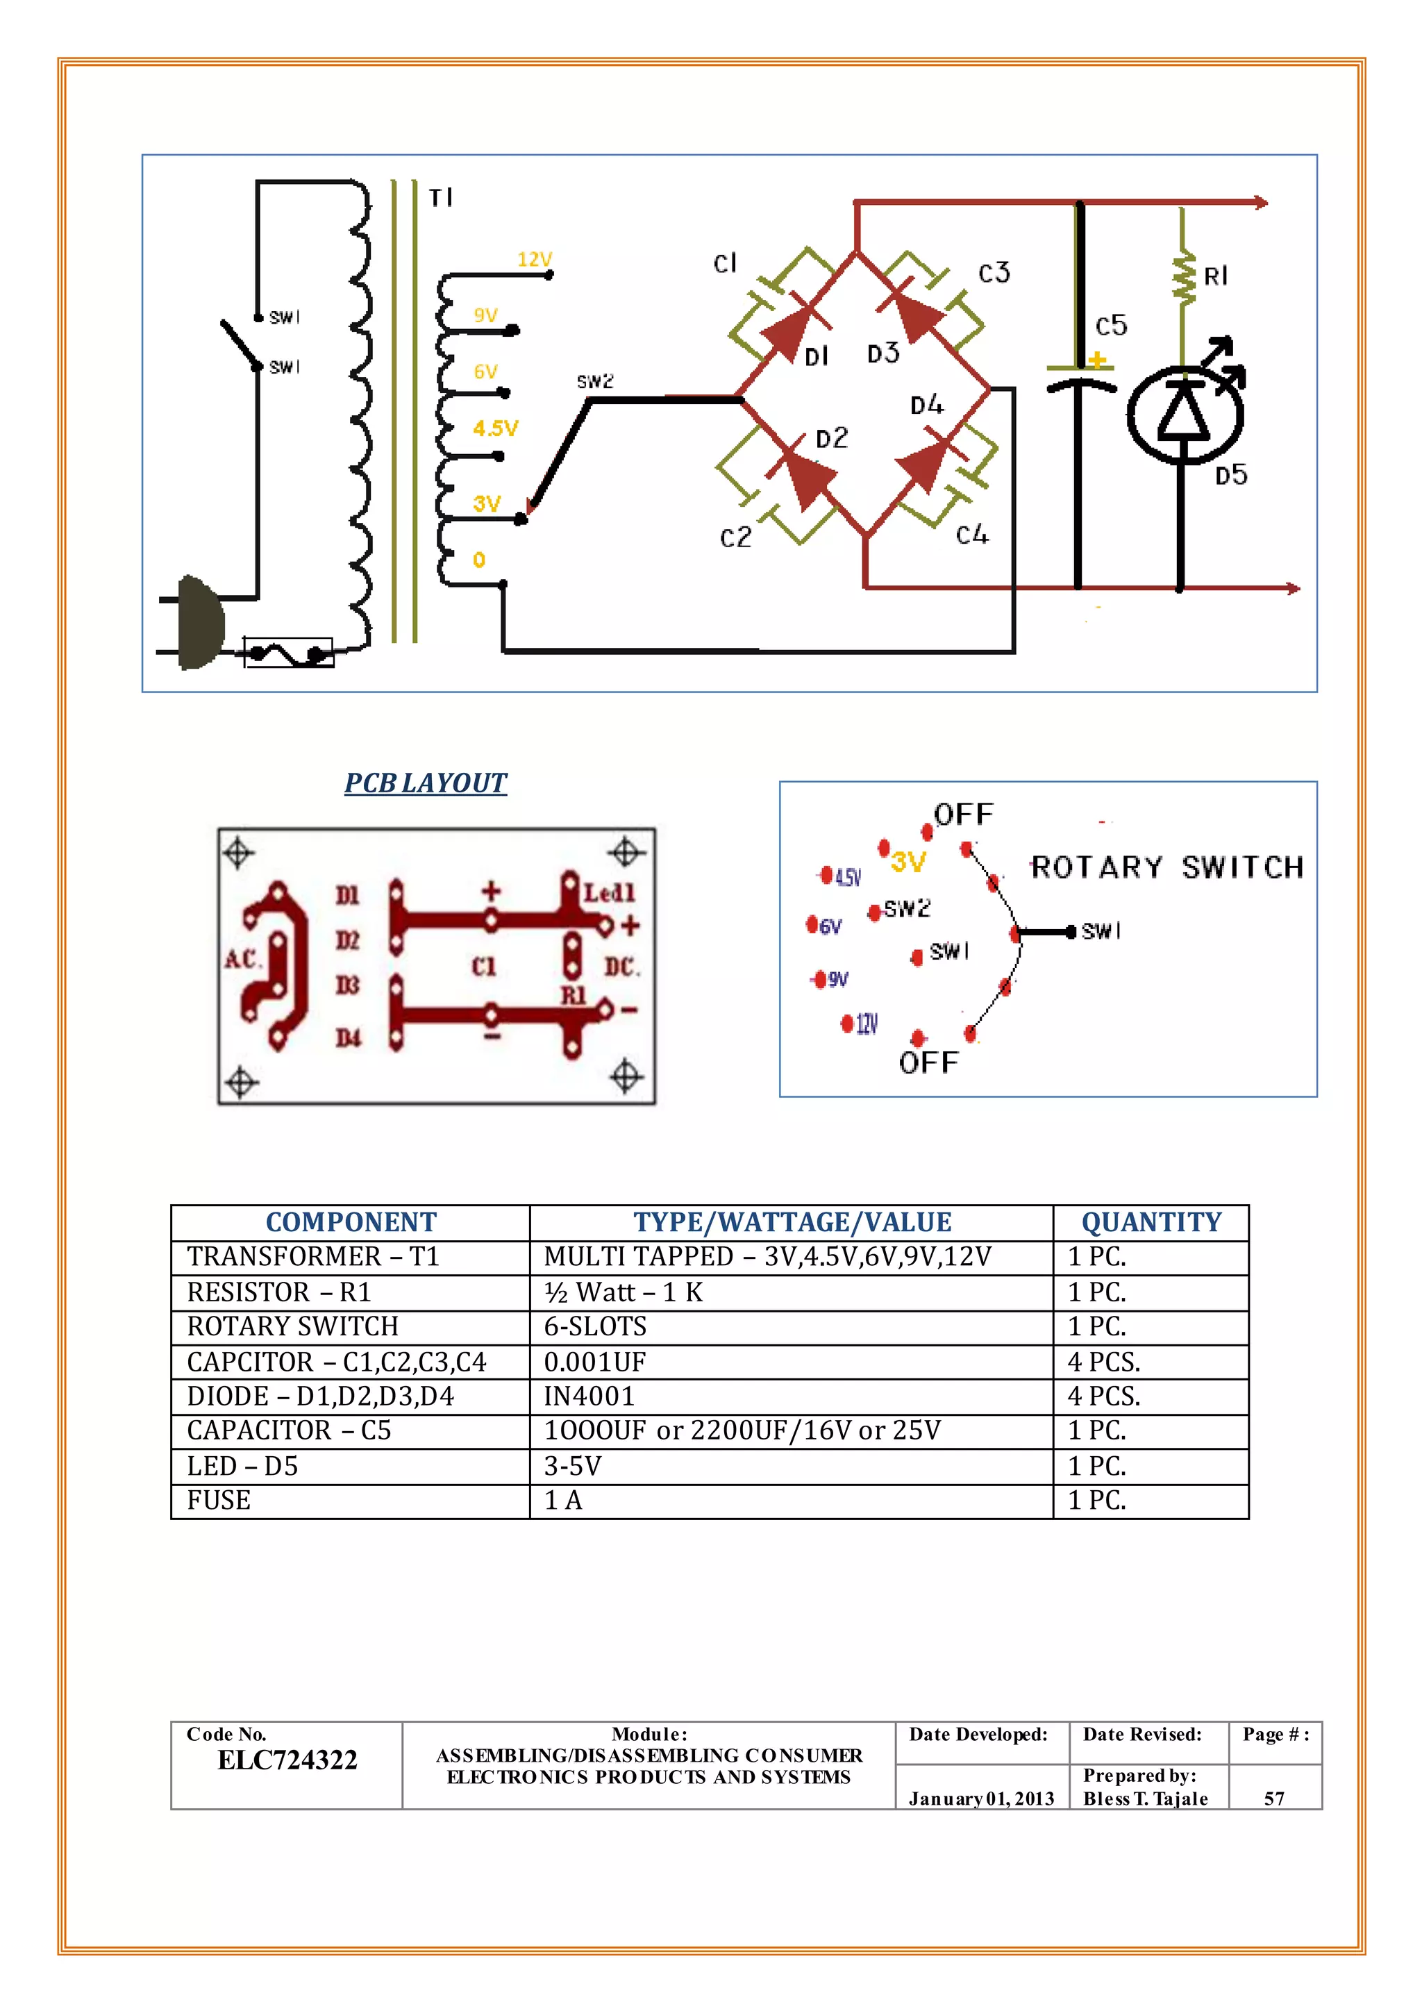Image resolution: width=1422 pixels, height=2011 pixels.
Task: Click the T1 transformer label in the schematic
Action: [440, 198]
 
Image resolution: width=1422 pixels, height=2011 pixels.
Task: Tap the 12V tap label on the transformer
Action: [534, 259]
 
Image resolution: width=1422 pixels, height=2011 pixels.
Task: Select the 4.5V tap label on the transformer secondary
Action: [496, 428]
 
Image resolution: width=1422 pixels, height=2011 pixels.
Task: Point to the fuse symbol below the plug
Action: [288, 653]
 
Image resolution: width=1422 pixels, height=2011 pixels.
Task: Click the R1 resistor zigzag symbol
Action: [1184, 278]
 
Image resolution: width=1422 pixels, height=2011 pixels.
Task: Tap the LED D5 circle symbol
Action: [1184, 415]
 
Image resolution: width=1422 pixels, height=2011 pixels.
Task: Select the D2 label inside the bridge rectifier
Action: [832, 438]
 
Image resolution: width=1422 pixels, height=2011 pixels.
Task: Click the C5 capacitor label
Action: [1111, 326]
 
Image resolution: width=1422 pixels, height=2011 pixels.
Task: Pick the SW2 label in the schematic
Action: [594, 382]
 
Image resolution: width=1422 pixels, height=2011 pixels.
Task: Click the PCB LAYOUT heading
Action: [426, 782]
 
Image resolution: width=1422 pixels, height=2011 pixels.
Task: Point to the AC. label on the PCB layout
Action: [241, 959]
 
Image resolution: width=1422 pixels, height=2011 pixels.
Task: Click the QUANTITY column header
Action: [1151, 1222]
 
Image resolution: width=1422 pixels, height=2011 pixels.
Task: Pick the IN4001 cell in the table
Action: [588, 1396]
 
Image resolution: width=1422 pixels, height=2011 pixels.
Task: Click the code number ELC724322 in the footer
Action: [287, 1760]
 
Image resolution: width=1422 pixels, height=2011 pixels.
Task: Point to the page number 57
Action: [1274, 1798]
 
